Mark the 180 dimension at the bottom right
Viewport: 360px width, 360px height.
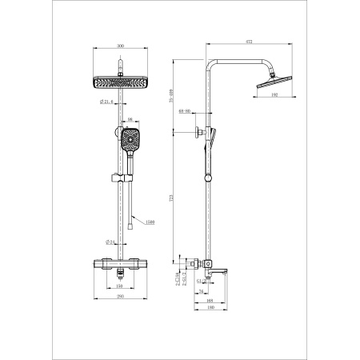209,305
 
